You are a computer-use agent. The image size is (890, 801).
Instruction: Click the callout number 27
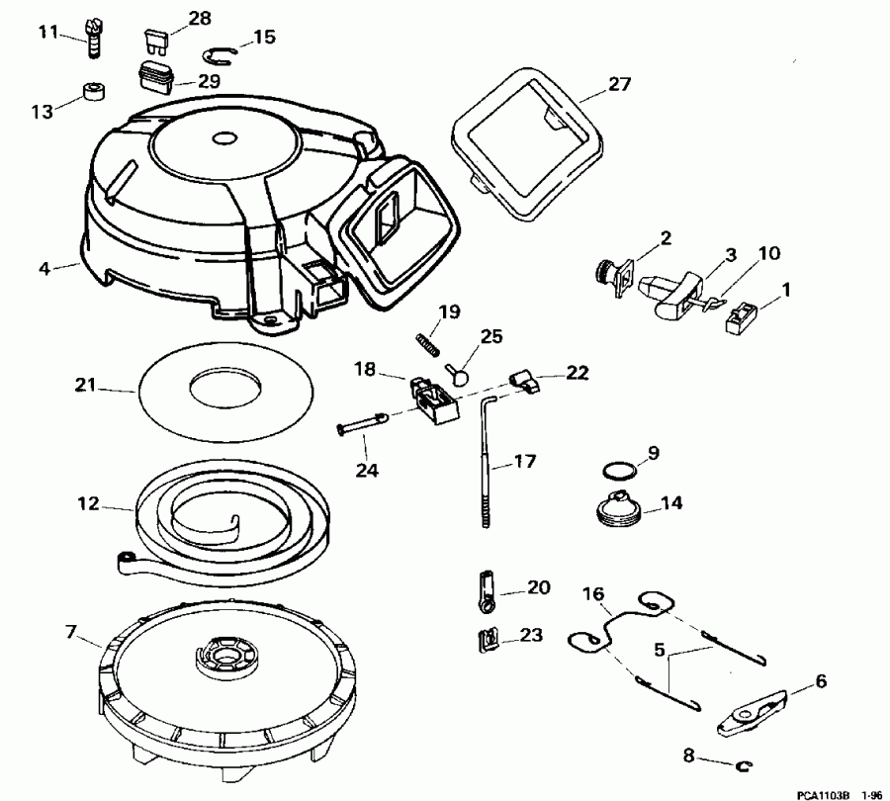(x=619, y=84)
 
